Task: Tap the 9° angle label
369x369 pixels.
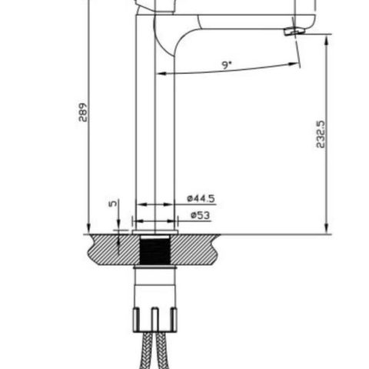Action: (227, 65)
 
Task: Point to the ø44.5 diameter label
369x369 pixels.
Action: (200, 198)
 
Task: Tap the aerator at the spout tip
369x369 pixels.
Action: (292, 32)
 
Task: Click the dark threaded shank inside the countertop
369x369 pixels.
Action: (156, 251)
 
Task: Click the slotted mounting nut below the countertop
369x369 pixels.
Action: (156, 317)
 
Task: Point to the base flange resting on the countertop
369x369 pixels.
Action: (156, 230)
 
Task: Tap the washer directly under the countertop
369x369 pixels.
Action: (156, 268)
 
